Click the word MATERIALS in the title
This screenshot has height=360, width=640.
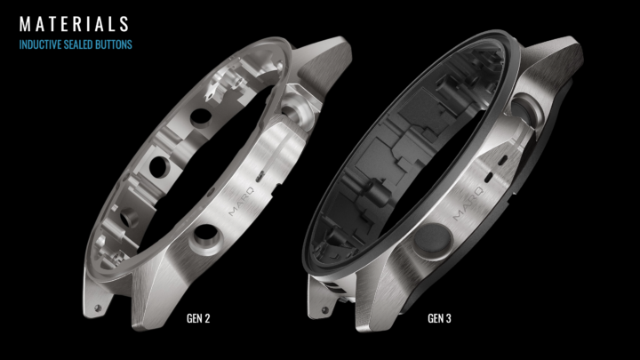74,24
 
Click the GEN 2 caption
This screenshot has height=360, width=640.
198,318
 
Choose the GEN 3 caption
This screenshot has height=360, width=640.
439,318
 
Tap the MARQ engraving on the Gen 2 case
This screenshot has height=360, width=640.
241,201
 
